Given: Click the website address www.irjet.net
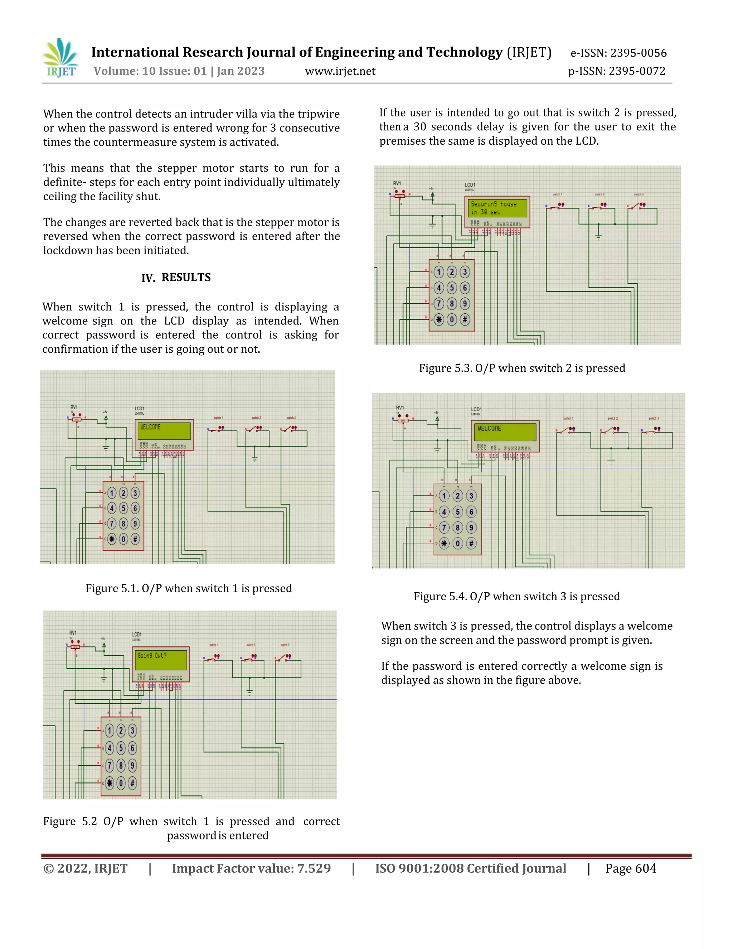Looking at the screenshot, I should pos(340,71).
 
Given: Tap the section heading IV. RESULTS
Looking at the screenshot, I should pos(176,277).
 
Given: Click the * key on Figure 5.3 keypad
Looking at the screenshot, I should pos(439,320).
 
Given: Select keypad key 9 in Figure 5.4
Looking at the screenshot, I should pos(471,528).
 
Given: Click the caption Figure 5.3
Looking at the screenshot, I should pos(522,368).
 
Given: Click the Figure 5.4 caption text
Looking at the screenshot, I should pos(516,596).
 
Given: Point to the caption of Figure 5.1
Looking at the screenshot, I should pos(189,588).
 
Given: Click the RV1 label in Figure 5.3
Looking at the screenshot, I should pos(397,183).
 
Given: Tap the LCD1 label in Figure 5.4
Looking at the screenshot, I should pos(476,409).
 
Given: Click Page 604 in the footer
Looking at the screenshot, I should pos(631,869).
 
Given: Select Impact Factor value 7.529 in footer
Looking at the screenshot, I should pos(251,869).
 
